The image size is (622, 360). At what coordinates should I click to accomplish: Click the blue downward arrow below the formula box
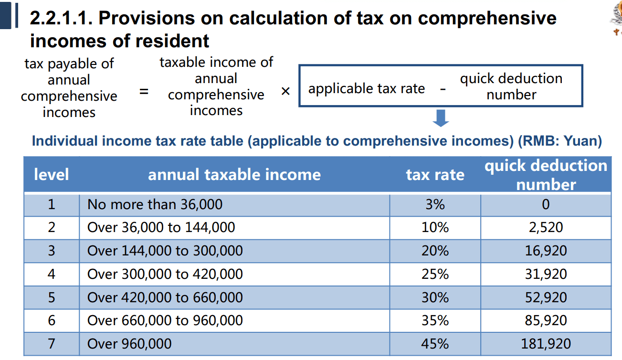coord(441,118)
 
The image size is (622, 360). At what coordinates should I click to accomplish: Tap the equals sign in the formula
coord(144,91)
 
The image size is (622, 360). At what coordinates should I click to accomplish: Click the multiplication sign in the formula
coord(285,91)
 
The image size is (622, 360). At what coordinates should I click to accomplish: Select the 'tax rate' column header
coord(435,175)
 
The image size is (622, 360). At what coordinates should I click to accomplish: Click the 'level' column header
coord(52,174)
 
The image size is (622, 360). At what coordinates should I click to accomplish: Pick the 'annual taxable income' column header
coord(234,174)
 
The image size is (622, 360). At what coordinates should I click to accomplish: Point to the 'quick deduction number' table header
coord(546,175)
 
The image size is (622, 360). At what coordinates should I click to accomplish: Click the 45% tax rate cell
coord(435,344)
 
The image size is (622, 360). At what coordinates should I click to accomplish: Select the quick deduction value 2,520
coord(546,227)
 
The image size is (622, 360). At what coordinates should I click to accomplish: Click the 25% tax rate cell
coord(435,274)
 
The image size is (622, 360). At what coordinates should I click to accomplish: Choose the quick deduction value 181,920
coord(546,344)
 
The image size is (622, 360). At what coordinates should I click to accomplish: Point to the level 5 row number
coord(52,297)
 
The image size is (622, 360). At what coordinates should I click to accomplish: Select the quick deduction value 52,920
coord(546,297)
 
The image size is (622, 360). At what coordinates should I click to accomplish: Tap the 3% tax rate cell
coord(435,204)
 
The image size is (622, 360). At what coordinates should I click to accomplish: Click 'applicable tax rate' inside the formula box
coord(367,89)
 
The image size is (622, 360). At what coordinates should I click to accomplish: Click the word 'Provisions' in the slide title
coord(161,18)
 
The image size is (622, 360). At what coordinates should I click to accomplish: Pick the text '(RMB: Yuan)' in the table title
coord(560,141)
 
